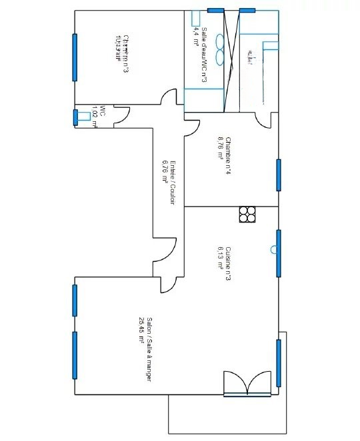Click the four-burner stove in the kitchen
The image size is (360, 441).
[x=247, y=214]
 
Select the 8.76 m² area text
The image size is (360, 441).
[x=219, y=148]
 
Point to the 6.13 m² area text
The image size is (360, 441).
[x=219, y=257]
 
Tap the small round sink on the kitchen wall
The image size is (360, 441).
[x=273, y=250]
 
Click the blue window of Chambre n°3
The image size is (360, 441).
[x=74, y=55]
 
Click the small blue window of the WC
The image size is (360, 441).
[x=75, y=117]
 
